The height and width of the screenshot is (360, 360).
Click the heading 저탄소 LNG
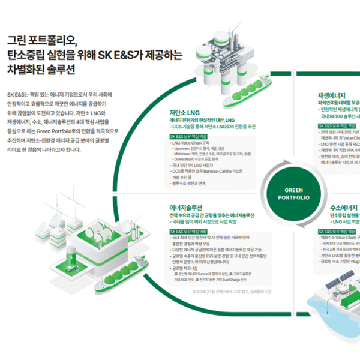(x=184, y=112)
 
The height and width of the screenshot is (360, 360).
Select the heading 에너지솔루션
(x=187, y=207)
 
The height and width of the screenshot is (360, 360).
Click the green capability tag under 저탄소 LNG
(x=189, y=136)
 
